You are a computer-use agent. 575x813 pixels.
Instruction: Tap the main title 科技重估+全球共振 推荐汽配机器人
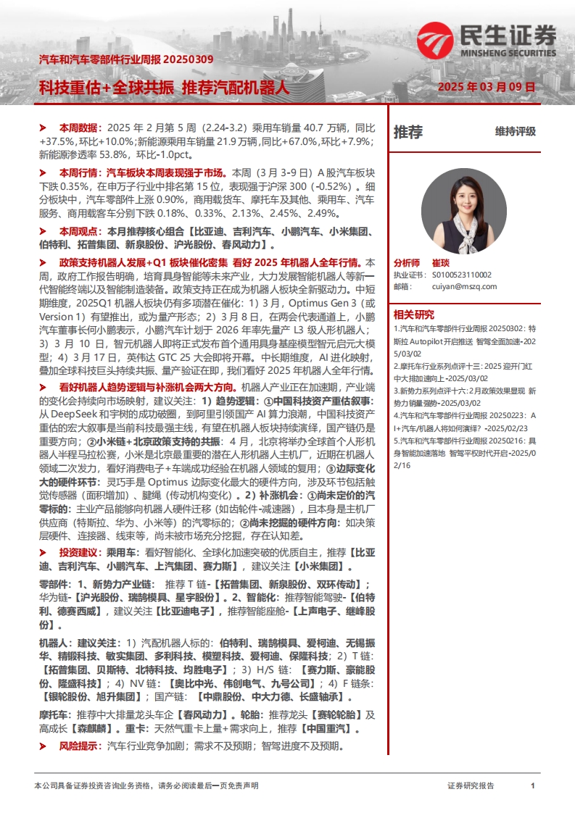click(164, 88)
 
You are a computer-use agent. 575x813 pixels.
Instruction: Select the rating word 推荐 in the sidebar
click(408, 132)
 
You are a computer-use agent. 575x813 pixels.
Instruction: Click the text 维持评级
click(516, 132)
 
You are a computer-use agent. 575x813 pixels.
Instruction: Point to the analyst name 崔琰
click(442, 264)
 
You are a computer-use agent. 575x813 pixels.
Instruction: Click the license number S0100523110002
click(462, 275)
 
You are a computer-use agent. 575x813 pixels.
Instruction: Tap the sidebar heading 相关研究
click(414, 314)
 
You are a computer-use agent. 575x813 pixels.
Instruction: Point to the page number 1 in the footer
click(533, 785)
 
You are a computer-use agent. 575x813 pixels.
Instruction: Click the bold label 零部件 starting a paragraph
click(53, 585)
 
